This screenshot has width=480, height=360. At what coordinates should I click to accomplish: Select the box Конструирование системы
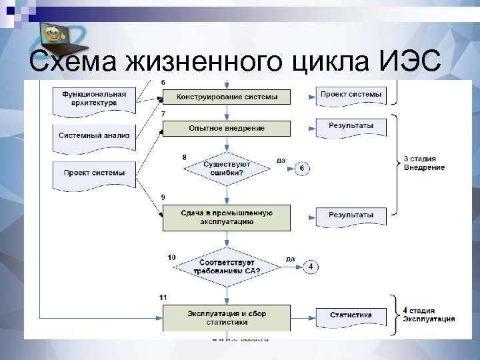click(x=227, y=97)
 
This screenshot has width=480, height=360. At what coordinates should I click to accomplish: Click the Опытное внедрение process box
click(x=227, y=128)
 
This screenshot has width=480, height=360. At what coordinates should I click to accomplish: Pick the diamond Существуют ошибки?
click(x=227, y=168)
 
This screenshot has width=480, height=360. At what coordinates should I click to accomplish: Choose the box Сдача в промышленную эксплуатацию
click(x=227, y=217)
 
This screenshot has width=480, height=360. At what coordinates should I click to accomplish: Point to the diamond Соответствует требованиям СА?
click(x=227, y=266)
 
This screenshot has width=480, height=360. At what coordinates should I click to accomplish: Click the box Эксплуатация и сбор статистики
click(x=227, y=317)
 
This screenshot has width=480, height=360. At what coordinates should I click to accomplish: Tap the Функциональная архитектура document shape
click(x=94, y=99)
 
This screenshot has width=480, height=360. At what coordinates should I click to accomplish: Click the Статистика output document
click(x=351, y=315)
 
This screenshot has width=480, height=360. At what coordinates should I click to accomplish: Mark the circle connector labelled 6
click(x=301, y=169)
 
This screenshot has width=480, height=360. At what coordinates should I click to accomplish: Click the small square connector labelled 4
click(x=310, y=267)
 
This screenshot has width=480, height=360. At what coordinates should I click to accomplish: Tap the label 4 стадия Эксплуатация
click(x=429, y=315)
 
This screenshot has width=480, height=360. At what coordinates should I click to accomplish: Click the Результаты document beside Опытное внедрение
click(x=351, y=127)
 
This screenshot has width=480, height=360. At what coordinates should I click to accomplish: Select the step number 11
click(x=163, y=296)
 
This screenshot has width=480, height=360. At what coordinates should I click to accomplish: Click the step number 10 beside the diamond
click(x=172, y=257)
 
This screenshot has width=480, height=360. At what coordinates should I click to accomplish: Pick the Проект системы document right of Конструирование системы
click(x=351, y=95)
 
